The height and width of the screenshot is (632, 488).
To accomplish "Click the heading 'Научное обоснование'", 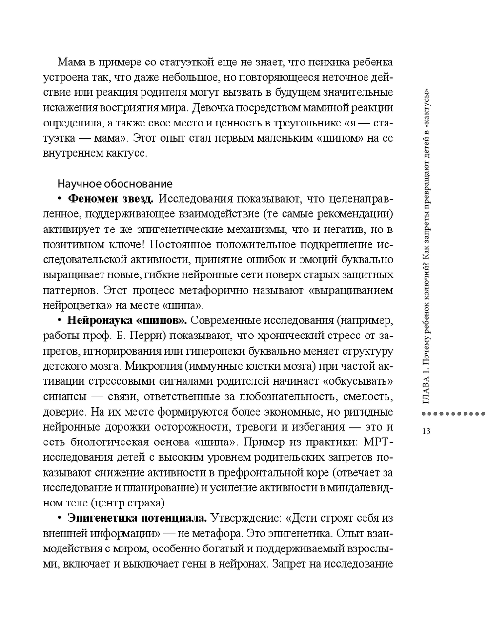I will point(115,184).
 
